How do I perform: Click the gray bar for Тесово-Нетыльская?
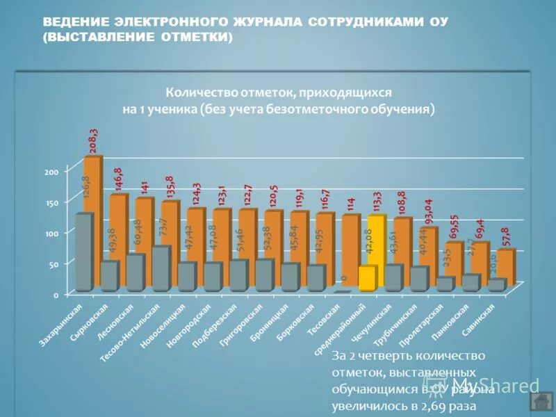point(160,268)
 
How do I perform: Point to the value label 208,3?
point(93,140)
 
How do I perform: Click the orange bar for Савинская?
point(506,268)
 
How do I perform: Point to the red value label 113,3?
point(377,202)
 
